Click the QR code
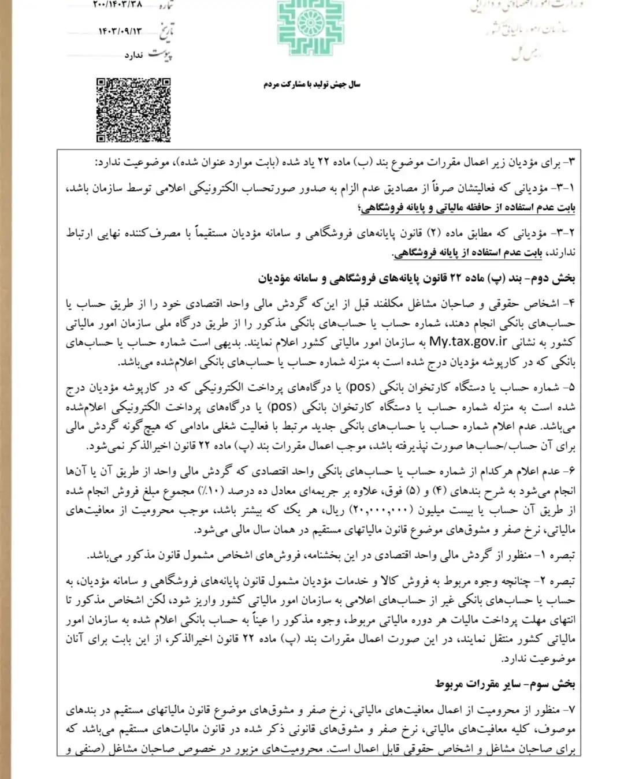pyautogui.click(x=133, y=110)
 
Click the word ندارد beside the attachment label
pyautogui.click(x=133, y=55)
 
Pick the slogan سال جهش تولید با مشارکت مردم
pyautogui.click(x=312, y=84)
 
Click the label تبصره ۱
pyautogui.click(x=559, y=556)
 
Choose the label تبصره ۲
pyautogui.click(x=559, y=581)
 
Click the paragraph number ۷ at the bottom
pyautogui.click(x=572, y=709)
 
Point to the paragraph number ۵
pyautogui.click(x=572, y=387)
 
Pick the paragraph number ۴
pyautogui.click(x=572, y=304)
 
